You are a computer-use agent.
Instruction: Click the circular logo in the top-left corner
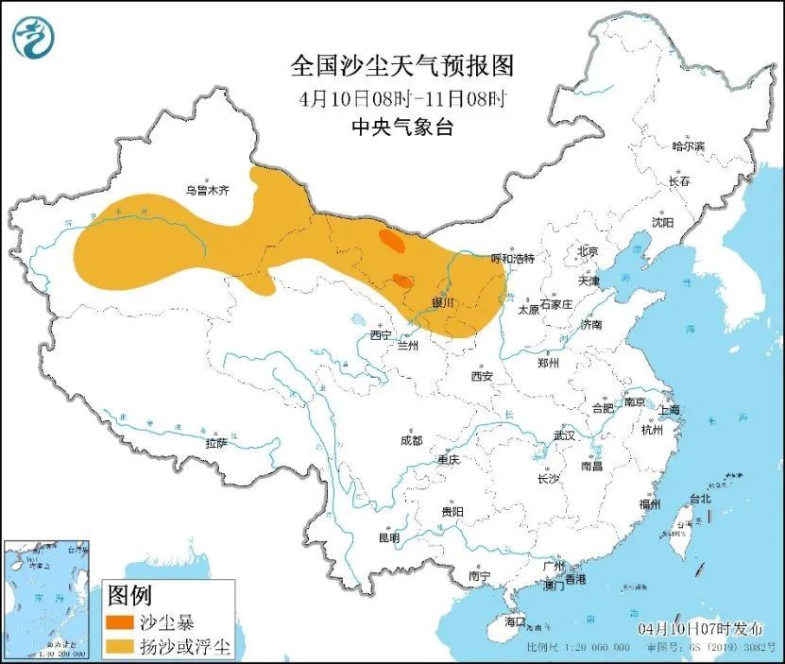tap(33, 37)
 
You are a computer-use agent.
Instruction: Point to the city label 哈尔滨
tap(688, 146)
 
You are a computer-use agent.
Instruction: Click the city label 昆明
tap(388, 537)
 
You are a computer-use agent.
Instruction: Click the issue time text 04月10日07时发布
tap(697, 627)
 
